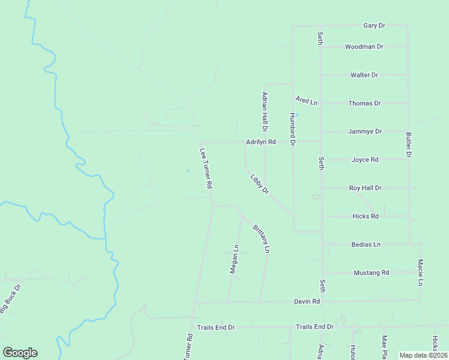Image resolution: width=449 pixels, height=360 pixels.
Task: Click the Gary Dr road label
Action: point(374,26)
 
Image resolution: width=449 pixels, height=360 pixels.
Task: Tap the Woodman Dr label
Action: point(364,47)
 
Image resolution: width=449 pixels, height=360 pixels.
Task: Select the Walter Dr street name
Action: point(364,75)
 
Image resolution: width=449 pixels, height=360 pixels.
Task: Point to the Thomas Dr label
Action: point(364,103)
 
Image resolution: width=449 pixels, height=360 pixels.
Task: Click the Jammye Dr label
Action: point(364,131)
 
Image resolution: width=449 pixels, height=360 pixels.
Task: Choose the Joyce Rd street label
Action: point(364,160)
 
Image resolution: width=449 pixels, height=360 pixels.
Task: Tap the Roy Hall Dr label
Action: point(365,188)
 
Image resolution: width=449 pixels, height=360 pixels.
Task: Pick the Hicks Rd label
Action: point(365,216)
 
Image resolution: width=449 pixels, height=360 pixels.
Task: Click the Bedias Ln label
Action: point(366,245)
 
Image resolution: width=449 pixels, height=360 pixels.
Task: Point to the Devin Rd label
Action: point(307,301)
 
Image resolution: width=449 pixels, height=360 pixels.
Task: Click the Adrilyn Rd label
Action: point(261,142)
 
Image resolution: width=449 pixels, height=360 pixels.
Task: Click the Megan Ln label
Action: point(235,259)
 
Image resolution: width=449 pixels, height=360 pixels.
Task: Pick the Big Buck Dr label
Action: point(10,298)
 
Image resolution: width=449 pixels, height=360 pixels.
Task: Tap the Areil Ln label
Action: point(306,101)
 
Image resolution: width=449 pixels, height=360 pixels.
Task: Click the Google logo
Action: point(20,353)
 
